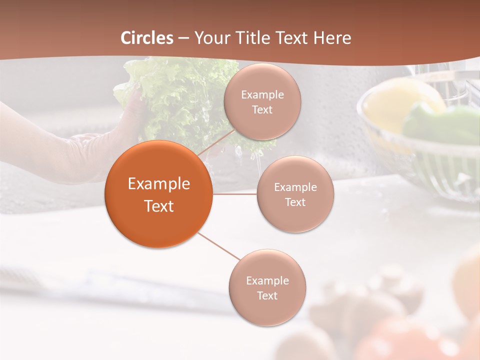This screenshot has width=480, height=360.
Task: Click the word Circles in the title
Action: click(146, 38)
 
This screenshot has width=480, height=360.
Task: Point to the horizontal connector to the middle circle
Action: click(234, 193)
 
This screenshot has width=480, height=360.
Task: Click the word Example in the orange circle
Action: click(159, 184)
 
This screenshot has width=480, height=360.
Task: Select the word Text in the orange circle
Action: click(159, 206)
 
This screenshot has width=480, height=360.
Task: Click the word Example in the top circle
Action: click(262, 94)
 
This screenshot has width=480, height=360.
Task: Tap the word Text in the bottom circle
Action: click(267, 295)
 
